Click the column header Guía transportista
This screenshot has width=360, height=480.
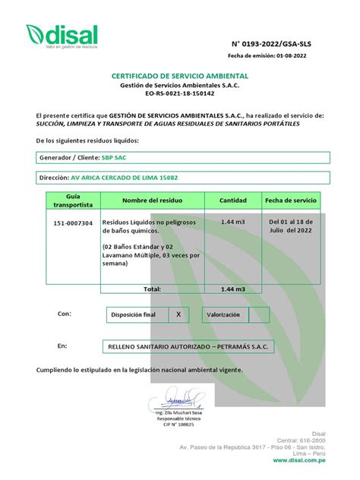pos(73,201)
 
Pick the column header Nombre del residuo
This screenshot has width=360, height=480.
pos(155,201)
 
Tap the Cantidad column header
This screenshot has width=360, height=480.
pos(233,201)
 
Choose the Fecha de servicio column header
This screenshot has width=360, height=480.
pos(290,201)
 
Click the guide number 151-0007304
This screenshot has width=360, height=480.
pos(73,223)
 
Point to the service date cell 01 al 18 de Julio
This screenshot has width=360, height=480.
pos(290,227)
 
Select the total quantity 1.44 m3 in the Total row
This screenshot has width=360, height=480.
pos(233,289)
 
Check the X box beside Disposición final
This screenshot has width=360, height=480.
pos(178,314)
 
